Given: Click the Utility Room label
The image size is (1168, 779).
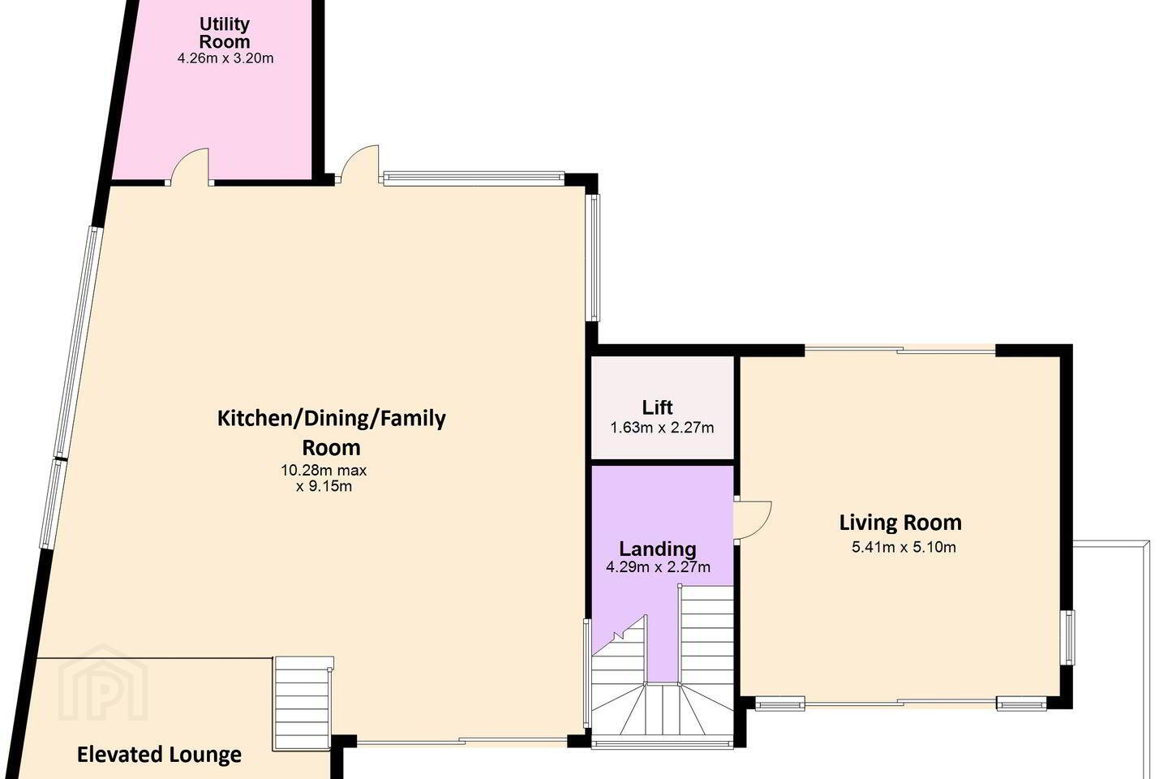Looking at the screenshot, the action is pos(225,32).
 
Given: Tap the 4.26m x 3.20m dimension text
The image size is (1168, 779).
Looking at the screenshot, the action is pos(225,58).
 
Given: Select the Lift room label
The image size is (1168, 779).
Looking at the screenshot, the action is pos(657,407).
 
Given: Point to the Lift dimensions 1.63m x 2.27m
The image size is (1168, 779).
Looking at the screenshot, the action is pos(662,428).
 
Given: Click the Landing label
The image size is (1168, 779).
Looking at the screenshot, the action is pos(658,549).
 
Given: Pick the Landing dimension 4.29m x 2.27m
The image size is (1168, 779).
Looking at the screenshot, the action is pos(658,566).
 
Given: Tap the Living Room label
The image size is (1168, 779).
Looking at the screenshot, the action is pos(900,523).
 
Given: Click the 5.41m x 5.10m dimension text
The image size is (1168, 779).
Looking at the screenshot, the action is pos(904,547).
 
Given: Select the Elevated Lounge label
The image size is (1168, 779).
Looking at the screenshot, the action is pos(159,755).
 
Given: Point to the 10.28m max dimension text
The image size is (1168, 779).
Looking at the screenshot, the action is pos(324,470).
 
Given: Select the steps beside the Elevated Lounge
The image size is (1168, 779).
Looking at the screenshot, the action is pos(303,704).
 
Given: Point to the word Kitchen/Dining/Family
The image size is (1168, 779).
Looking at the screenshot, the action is pos(331,419).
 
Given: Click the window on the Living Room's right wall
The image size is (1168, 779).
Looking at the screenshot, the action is pos(1069,637).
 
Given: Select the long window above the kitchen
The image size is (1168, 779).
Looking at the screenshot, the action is pos(474,179).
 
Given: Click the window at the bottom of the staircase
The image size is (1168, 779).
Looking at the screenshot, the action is pos(662,743).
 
